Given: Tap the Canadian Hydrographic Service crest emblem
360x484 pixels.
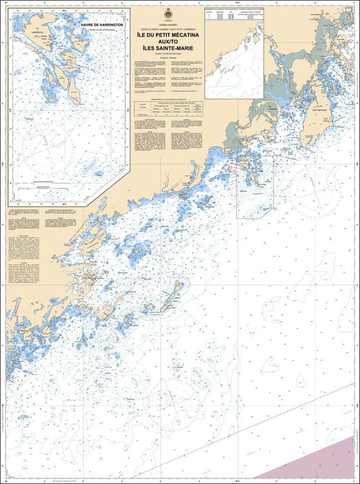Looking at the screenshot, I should click(166, 14).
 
